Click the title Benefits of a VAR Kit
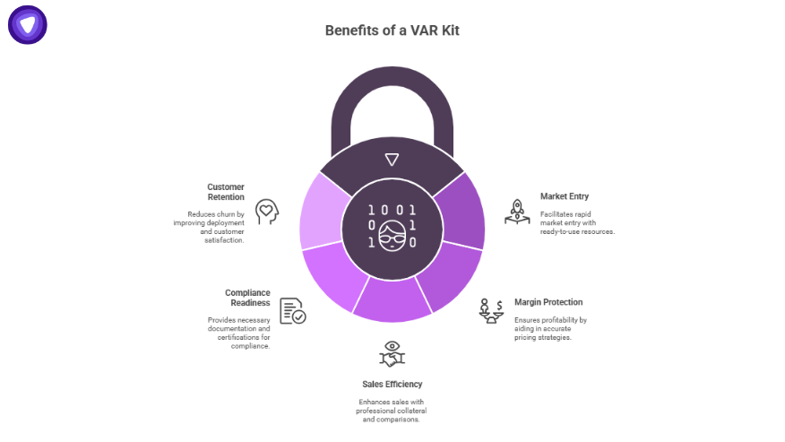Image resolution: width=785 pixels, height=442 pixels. click(392, 30)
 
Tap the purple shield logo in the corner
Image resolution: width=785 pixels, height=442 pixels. click(28, 25)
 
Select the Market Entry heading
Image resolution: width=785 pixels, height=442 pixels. click(565, 196)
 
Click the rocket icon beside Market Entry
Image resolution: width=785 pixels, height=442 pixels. click(517, 212)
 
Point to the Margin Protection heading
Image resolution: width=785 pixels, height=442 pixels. click(548, 302)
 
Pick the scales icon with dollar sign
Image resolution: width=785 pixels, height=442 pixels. click(490, 310)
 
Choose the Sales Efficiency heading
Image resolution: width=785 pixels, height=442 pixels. click(392, 384)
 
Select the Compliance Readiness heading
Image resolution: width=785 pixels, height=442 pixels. click(247, 298)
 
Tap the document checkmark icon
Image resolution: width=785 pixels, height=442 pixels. click(292, 311)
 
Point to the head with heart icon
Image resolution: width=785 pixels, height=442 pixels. click(266, 212)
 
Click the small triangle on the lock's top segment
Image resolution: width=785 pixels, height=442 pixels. click(392, 160)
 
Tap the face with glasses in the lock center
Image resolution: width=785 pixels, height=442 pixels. click(392, 238)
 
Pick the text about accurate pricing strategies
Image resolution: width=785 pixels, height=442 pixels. click(549, 328)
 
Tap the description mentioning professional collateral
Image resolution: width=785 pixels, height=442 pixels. click(391, 411)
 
